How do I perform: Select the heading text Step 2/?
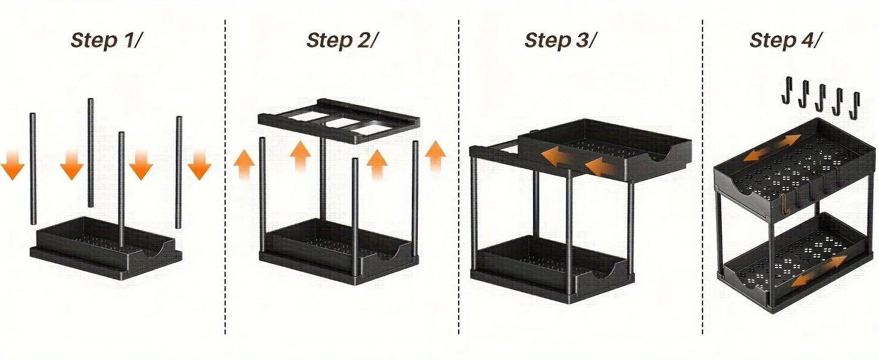(342, 40)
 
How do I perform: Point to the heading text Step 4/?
(786, 40)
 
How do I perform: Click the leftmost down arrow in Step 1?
(12, 166)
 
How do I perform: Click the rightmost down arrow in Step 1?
(199, 165)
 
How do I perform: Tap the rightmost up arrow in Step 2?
(435, 156)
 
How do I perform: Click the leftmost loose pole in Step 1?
(33, 168)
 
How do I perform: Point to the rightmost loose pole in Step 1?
(179, 171)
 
